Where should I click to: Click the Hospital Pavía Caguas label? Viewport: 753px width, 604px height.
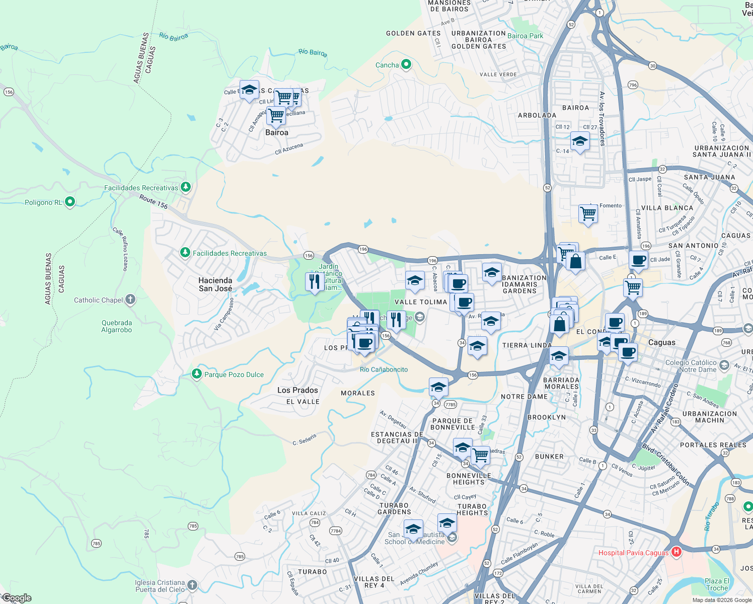click(633, 553)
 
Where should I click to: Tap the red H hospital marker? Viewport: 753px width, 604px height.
click(676, 552)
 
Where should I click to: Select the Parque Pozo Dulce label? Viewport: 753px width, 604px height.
click(234, 374)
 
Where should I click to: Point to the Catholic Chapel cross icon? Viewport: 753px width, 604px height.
click(130, 300)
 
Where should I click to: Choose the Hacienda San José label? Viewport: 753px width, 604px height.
click(215, 284)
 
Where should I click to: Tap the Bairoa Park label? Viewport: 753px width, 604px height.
click(525, 36)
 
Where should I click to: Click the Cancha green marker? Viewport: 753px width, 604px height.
click(406, 64)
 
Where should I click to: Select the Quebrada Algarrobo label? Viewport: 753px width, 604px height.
click(117, 327)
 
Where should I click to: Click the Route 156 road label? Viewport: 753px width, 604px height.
click(154, 202)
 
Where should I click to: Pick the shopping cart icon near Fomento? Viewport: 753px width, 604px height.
click(588, 214)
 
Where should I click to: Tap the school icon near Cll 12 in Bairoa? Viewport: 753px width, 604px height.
click(580, 141)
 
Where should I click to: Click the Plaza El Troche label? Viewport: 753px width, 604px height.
click(717, 584)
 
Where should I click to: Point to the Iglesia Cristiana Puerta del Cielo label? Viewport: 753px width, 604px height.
click(160, 586)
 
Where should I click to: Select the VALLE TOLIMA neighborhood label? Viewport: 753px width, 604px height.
click(421, 302)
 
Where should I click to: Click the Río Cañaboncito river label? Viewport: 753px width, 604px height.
click(384, 369)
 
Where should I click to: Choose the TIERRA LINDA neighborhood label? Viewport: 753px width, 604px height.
click(527, 345)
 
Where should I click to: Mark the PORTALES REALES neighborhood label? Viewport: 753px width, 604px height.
click(713, 445)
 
